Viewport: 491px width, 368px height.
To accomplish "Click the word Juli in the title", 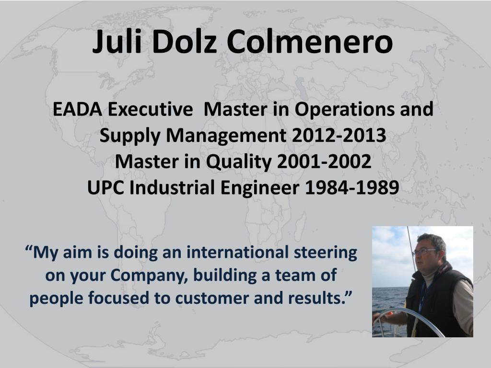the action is click(x=117, y=42).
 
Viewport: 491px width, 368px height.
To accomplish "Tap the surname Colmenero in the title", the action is click(x=309, y=42).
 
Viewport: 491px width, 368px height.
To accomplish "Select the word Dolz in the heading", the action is click(x=184, y=42).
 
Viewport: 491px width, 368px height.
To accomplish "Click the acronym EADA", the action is click(x=77, y=109).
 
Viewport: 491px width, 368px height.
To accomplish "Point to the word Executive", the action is click(x=150, y=109).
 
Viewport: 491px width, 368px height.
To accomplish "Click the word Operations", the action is click(x=344, y=109).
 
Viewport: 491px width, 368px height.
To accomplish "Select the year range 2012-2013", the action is click(x=339, y=136).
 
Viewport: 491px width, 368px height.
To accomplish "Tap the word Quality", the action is click(x=239, y=162).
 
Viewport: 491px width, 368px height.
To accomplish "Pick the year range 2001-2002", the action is click(x=324, y=161).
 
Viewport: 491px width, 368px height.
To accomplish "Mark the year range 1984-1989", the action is click(x=352, y=188).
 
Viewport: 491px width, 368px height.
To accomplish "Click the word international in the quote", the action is click(x=237, y=253).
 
